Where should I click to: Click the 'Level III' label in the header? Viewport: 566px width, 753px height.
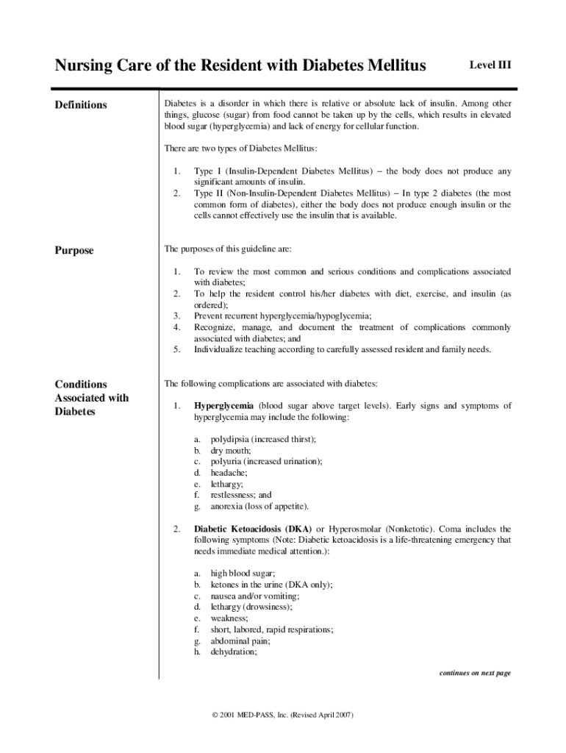pyautogui.click(x=490, y=65)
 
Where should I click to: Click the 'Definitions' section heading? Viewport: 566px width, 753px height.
pyautogui.click(x=81, y=105)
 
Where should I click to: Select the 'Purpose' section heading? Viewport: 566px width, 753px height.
pyautogui.click(x=74, y=251)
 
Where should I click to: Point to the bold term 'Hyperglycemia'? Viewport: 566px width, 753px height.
pyautogui.click(x=223, y=406)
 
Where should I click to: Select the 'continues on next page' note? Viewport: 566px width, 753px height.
pyautogui.click(x=475, y=673)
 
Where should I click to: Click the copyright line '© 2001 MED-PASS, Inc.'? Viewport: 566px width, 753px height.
pyautogui.click(x=282, y=715)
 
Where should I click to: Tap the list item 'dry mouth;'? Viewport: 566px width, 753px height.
pyautogui.click(x=231, y=450)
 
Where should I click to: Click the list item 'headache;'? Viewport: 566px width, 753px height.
pyautogui.click(x=229, y=473)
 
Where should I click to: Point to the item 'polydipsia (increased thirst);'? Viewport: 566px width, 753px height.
pyautogui.click(x=263, y=439)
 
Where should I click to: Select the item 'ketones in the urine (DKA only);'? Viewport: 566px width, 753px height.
pyautogui.click(x=271, y=585)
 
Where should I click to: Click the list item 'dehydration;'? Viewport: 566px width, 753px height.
pyautogui.click(x=234, y=652)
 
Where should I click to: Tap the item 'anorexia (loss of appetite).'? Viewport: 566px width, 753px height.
pyautogui.click(x=259, y=506)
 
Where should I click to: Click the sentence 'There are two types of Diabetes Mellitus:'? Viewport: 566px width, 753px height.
pyautogui.click(x=240, y=149)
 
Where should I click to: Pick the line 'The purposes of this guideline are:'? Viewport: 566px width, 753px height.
pyautogui.click(x=228, y=250)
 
